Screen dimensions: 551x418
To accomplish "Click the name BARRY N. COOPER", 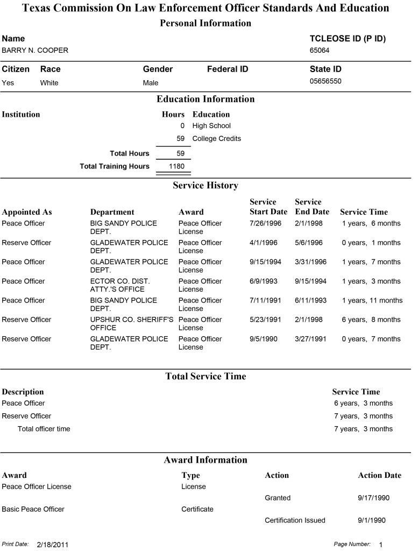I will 35,51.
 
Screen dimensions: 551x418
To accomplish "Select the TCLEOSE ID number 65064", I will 320,51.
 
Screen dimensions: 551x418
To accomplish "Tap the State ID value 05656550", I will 325,82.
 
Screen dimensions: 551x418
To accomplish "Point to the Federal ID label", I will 228,69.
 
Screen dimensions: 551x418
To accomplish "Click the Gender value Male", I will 151,83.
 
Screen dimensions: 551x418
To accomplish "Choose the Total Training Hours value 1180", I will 176,167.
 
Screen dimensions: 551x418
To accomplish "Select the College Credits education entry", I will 216,139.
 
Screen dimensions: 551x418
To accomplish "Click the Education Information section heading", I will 206,100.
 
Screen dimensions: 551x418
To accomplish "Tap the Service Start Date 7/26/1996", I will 266,223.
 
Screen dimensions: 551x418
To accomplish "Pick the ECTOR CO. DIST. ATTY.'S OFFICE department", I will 120,285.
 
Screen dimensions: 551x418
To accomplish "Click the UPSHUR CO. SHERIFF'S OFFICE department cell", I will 132,323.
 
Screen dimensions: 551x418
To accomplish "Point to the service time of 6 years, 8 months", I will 371,320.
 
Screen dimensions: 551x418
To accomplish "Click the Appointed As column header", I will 27,212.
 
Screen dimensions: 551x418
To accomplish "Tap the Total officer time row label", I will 44,429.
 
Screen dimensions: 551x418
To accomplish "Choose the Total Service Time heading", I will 206,377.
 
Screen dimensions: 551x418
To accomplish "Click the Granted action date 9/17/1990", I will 373,498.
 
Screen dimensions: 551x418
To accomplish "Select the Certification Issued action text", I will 295,520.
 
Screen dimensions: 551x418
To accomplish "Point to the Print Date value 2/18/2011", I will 53,545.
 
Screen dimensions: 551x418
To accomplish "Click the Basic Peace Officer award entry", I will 33,509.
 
